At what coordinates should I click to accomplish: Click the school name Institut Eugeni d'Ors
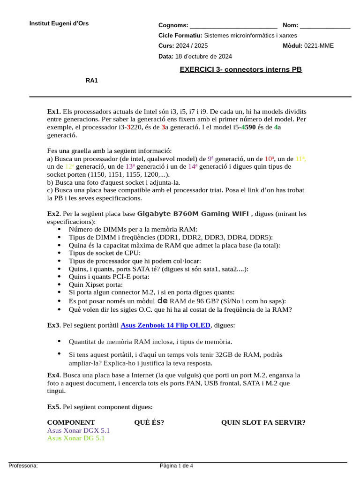(59, 23)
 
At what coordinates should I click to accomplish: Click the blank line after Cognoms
(233, 26)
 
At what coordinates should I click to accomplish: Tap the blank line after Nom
(325, 26)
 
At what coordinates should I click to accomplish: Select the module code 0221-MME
(319, 46)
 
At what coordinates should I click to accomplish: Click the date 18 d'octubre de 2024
(203, 57)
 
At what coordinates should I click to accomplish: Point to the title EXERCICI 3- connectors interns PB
(241, 70)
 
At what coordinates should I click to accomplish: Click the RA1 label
(92, 81)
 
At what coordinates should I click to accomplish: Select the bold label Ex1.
(53, 112)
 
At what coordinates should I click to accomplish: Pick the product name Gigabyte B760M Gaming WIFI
(193, 214)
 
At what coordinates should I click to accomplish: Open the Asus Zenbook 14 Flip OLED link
(165, 325)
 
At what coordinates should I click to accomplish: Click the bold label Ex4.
(53, 375)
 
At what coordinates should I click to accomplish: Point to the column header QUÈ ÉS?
(149, 423)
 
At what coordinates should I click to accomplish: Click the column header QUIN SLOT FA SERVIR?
(263, 423)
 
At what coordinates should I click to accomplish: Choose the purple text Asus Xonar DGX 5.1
(78, 430)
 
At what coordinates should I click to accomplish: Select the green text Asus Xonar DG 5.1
(75, 438)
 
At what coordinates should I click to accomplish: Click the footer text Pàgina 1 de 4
(176, 466)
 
